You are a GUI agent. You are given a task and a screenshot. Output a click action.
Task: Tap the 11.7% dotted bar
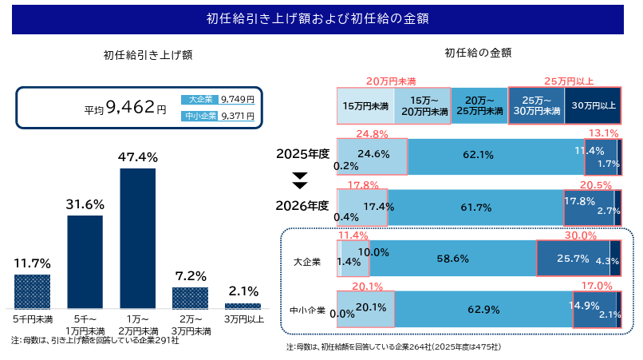32,291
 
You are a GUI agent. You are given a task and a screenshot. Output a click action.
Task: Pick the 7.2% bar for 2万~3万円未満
190,298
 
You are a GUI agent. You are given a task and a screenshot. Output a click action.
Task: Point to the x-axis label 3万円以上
243,319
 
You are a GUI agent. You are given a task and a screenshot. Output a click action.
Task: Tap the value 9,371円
237,116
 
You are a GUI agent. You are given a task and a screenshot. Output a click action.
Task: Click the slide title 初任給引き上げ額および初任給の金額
321,18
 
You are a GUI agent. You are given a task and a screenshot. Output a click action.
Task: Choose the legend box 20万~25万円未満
479,106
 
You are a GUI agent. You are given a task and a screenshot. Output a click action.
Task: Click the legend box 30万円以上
594,105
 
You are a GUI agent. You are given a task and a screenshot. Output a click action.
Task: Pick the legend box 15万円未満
365,105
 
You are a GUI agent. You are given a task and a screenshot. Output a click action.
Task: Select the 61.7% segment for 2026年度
476,207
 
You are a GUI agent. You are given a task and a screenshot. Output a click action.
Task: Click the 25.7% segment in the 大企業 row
572,259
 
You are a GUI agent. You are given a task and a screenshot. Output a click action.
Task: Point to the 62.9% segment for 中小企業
484,309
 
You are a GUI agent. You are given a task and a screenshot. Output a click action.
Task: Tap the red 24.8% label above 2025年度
372,133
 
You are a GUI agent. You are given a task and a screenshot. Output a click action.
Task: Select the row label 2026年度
302,205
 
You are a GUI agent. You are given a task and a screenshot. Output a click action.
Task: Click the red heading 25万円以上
569,81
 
